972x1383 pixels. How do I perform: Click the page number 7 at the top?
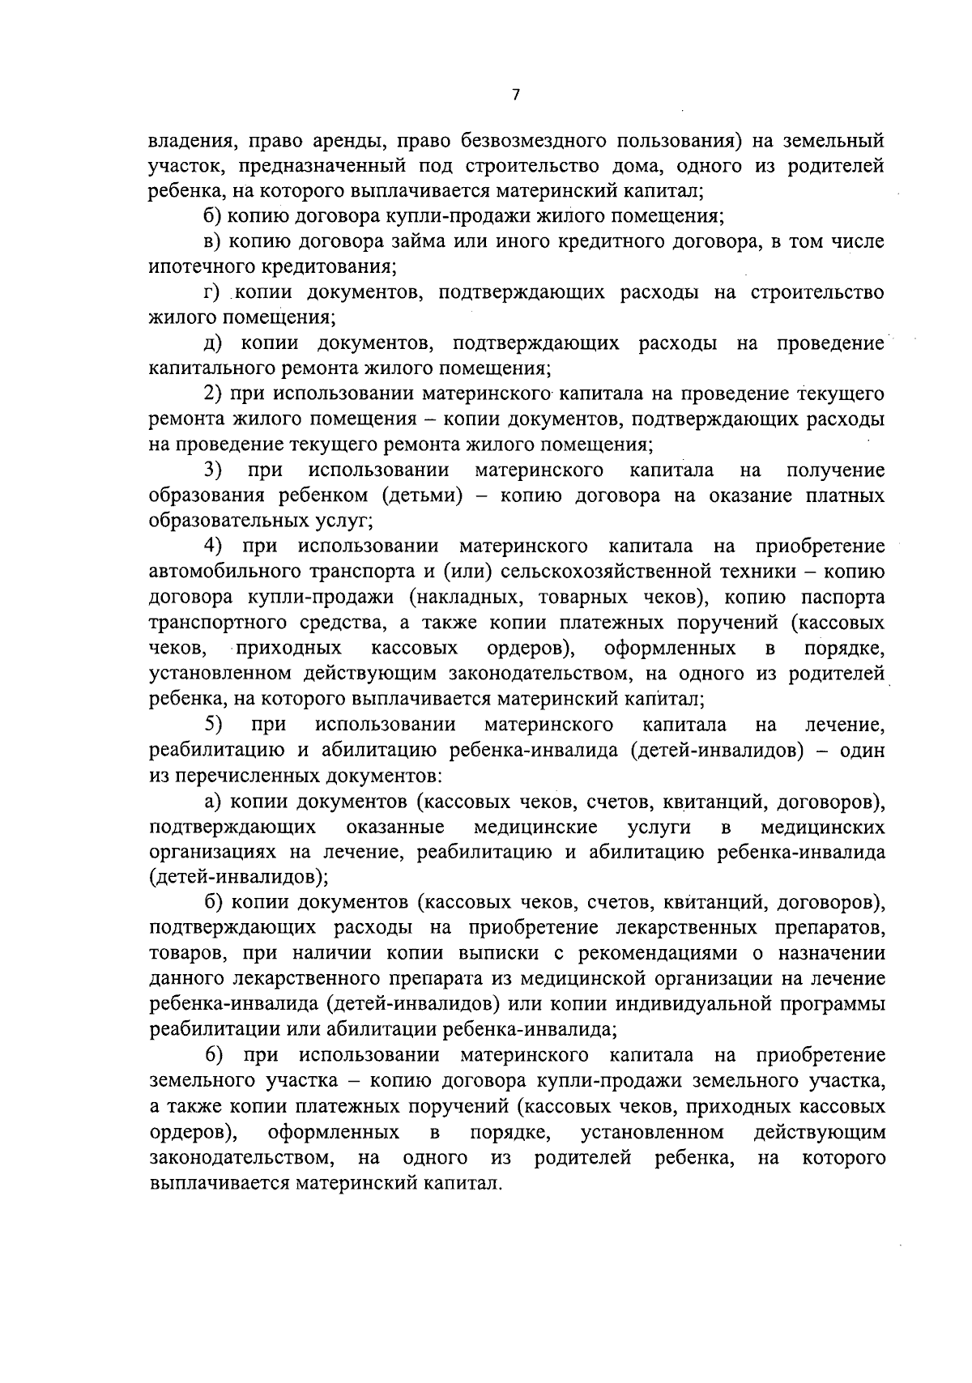[515, 96]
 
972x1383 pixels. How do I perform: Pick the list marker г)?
[214, 292]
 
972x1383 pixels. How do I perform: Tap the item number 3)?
[213, 470]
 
